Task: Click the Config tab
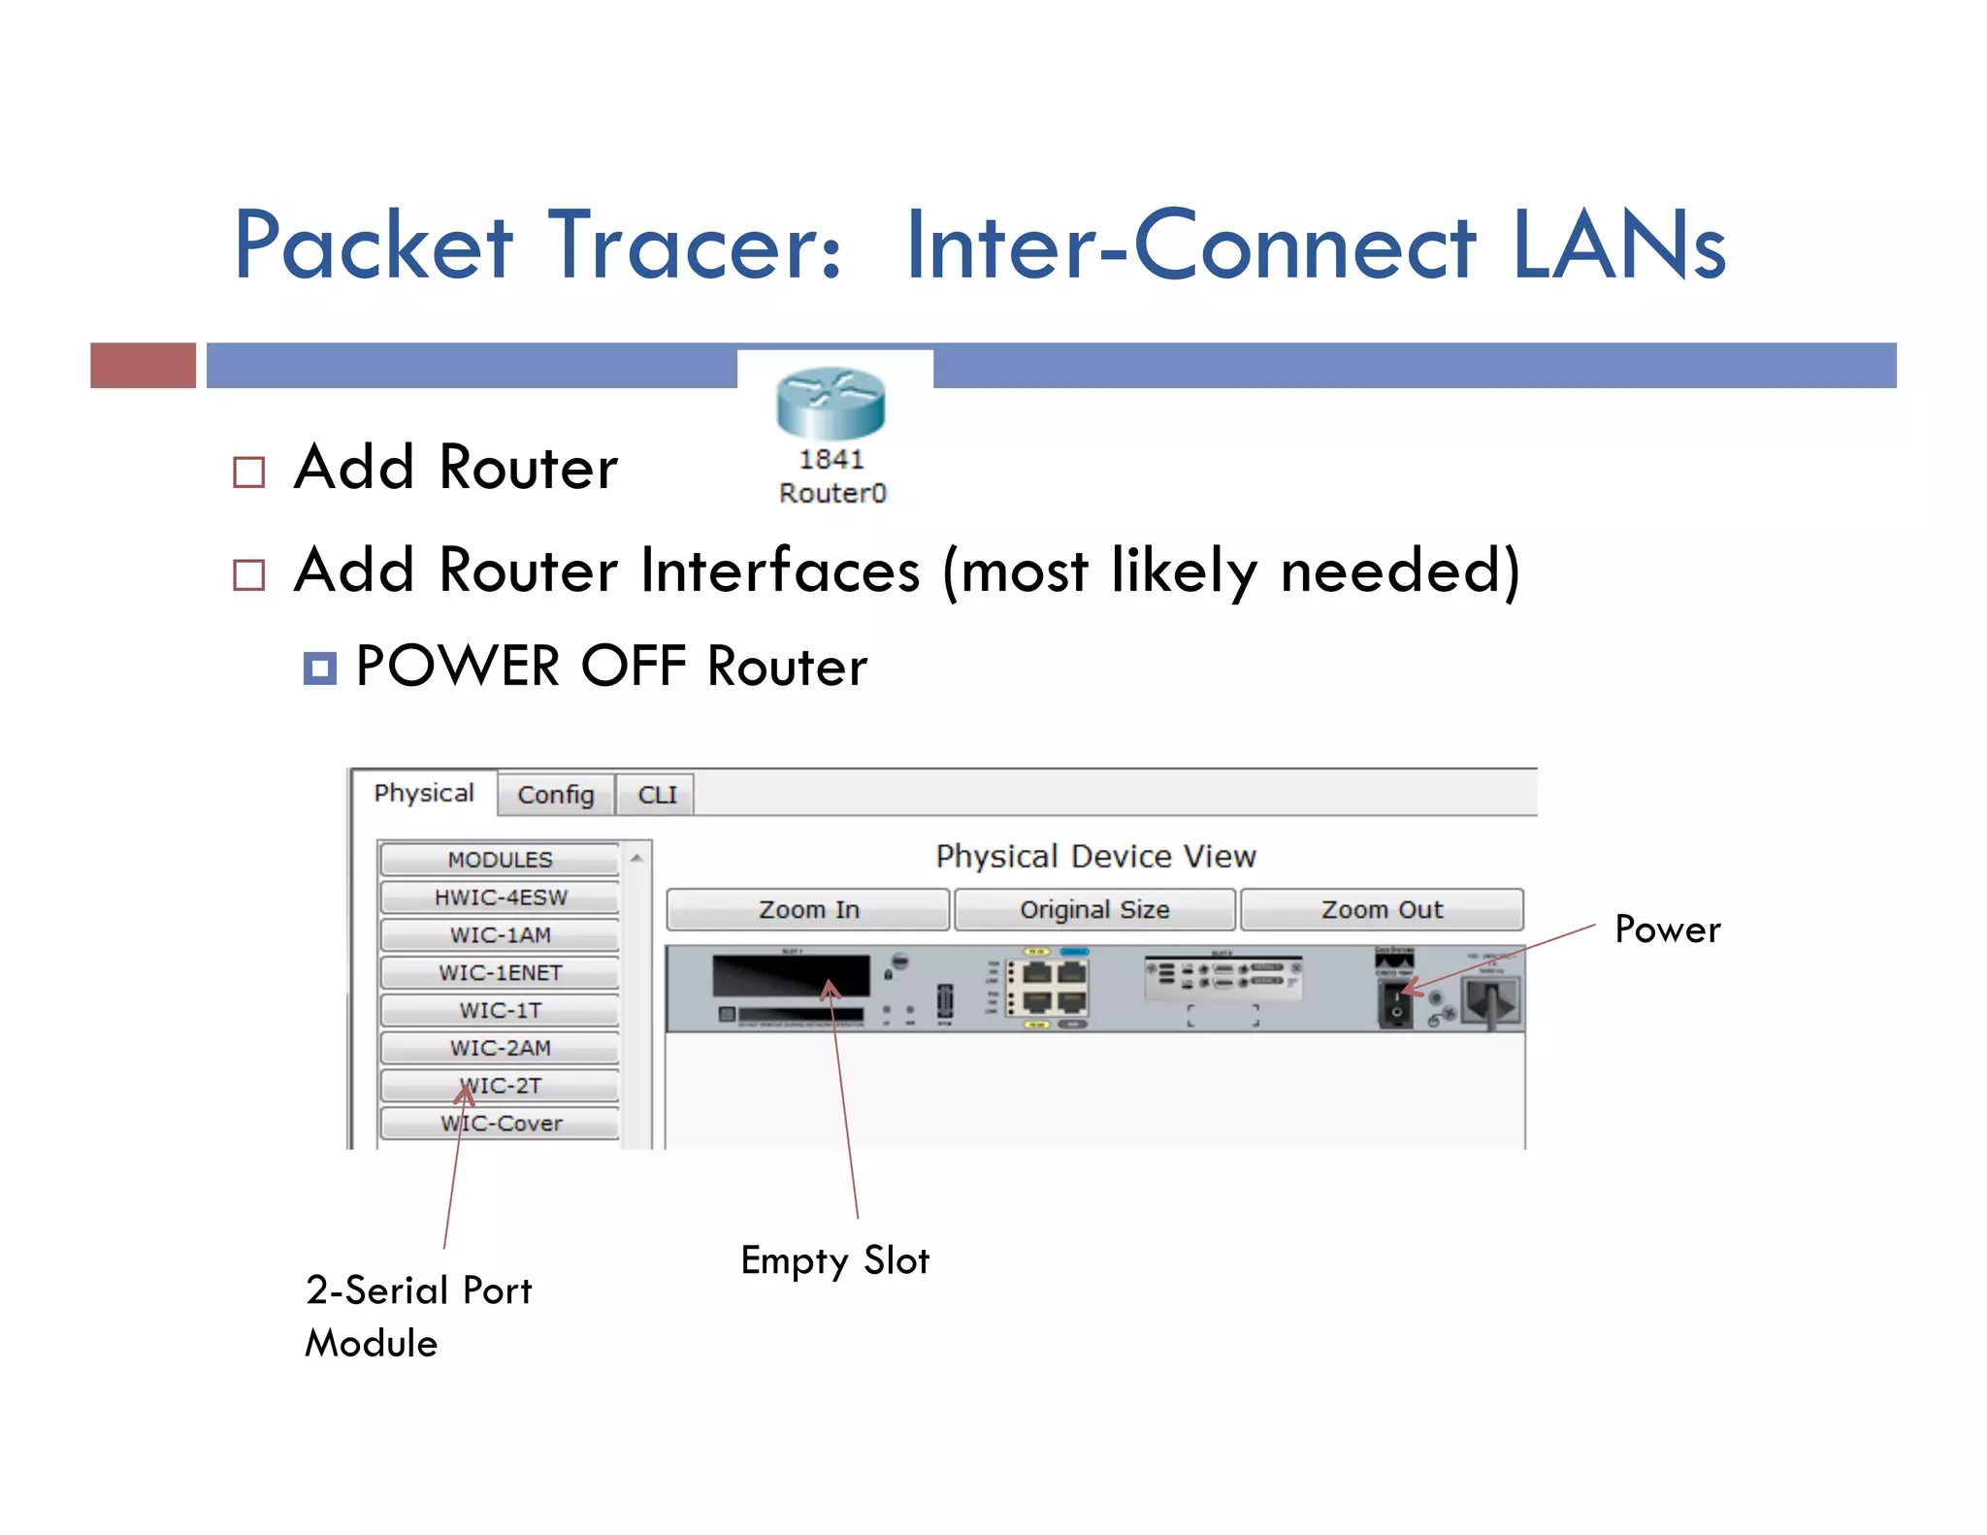click(x=555, y=795)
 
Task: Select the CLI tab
click(x=657, y=795)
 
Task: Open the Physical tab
click(x=424, y=793)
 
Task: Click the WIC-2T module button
click(x=500, y=1086)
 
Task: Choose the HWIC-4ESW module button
click(x=500, y=898)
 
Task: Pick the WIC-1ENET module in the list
click(x=500, y=972)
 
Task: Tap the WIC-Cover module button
click(x=500, y=1124)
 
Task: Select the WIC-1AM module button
click(x=500, y=935)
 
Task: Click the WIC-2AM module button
click(x=500, y=1048)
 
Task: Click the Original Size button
click(x=1094, y=910)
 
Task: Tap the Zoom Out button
click(x=1382, y=910)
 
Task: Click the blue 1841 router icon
click(x=831, y=403)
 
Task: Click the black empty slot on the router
click(x=791, y=975)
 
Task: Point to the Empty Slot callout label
click(x=834, y=1260)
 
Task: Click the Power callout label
click(x=1667, y=930)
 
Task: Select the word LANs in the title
click(x=1618, y=246)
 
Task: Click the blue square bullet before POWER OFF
click(x=319, y=669)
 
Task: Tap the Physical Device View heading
click(x=1095, y=856)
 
